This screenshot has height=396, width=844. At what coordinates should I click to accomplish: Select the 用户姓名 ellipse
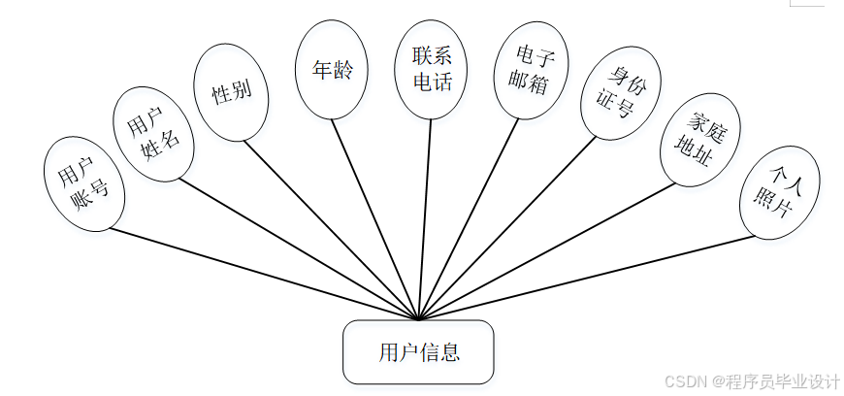tap(153, 133)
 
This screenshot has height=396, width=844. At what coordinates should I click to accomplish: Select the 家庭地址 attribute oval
tap(699, 140)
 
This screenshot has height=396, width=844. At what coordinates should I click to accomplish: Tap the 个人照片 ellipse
tap(780, 194)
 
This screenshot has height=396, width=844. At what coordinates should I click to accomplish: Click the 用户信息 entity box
tap(419, 351)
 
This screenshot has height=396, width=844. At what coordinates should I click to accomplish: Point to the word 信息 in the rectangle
tap(441, 351)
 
